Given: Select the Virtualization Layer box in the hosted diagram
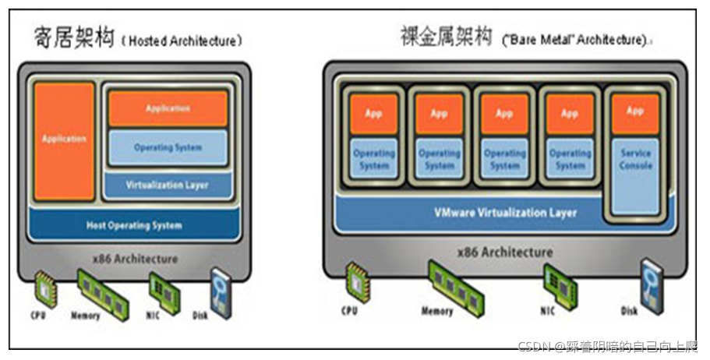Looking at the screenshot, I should point(168,185).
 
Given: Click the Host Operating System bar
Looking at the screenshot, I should point(134,225).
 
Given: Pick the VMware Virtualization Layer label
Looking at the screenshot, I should point(505,212).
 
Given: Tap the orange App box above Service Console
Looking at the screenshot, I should point(635,111).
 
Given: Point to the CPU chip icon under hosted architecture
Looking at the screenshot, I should point(45,289).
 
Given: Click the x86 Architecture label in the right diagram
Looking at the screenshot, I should point(505,252).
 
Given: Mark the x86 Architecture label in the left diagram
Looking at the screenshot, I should point(134,258).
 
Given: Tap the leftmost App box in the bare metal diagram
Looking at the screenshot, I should point(373,114).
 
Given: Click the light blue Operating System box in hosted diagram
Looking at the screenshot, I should point(168,147).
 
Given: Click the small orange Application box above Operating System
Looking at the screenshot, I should point(168,108).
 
